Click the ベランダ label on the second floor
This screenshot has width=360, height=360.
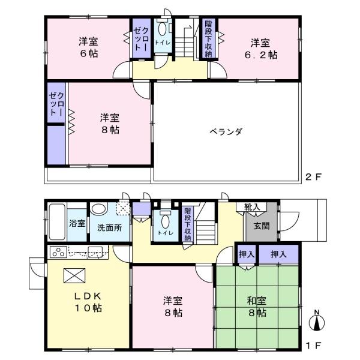click(226, 131)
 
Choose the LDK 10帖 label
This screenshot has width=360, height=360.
click(88, 302)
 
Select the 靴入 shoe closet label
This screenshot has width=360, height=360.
click(252, 207)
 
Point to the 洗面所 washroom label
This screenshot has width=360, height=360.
click(109, 228)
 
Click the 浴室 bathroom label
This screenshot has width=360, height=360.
click(77, 224)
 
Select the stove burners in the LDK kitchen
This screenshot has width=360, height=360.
click(58, 251)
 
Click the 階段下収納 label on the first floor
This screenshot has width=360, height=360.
click(188, 223)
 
